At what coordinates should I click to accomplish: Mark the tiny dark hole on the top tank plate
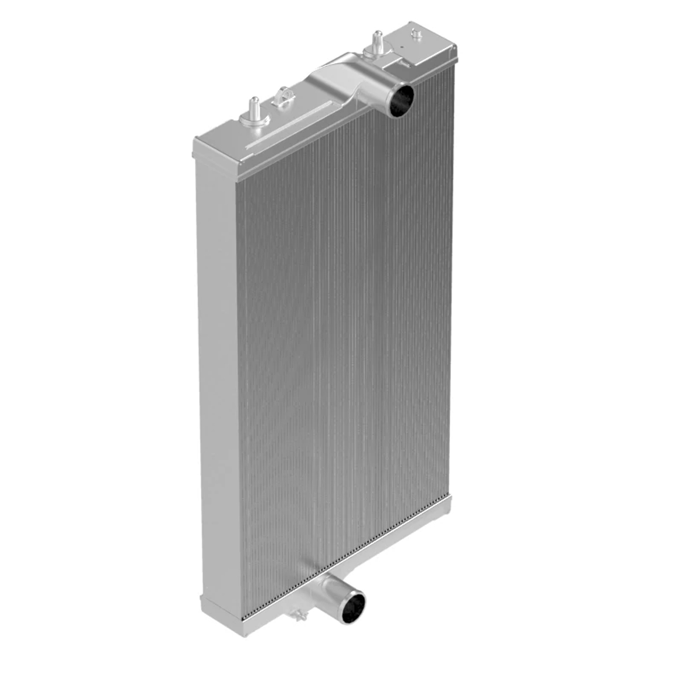click(401, 46)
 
